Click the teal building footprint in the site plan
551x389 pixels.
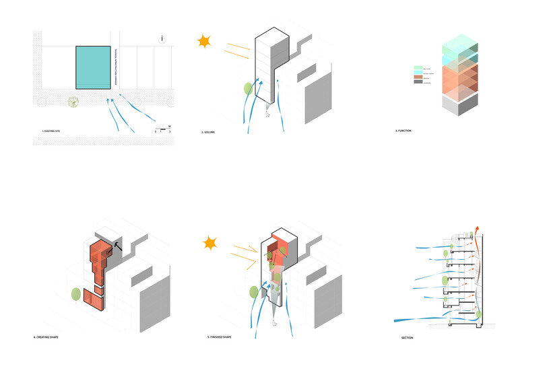click(93, 67)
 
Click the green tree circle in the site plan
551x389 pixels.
click(73, 102)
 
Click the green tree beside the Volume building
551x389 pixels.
click(248, 87)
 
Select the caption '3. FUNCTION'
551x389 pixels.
click(404, 131)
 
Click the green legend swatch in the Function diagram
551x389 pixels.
click(418, 68)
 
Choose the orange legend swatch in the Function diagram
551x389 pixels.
click(418, 78)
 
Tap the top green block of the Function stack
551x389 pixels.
click(459, 42)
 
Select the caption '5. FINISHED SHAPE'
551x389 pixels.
click(220, 337)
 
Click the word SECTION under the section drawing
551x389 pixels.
click(408, 338)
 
